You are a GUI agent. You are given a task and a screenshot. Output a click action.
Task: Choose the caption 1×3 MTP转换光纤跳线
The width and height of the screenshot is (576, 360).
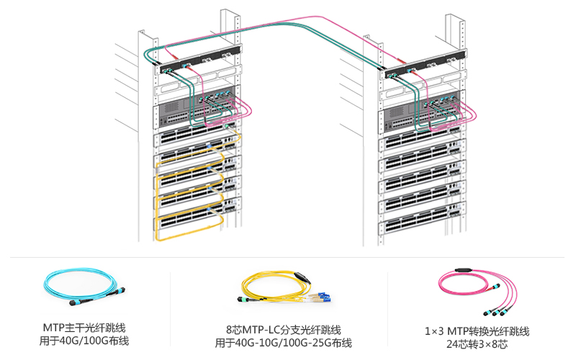tap(477, 331)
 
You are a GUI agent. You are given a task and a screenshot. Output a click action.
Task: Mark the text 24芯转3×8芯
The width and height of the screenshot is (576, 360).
tap(477, 344)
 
